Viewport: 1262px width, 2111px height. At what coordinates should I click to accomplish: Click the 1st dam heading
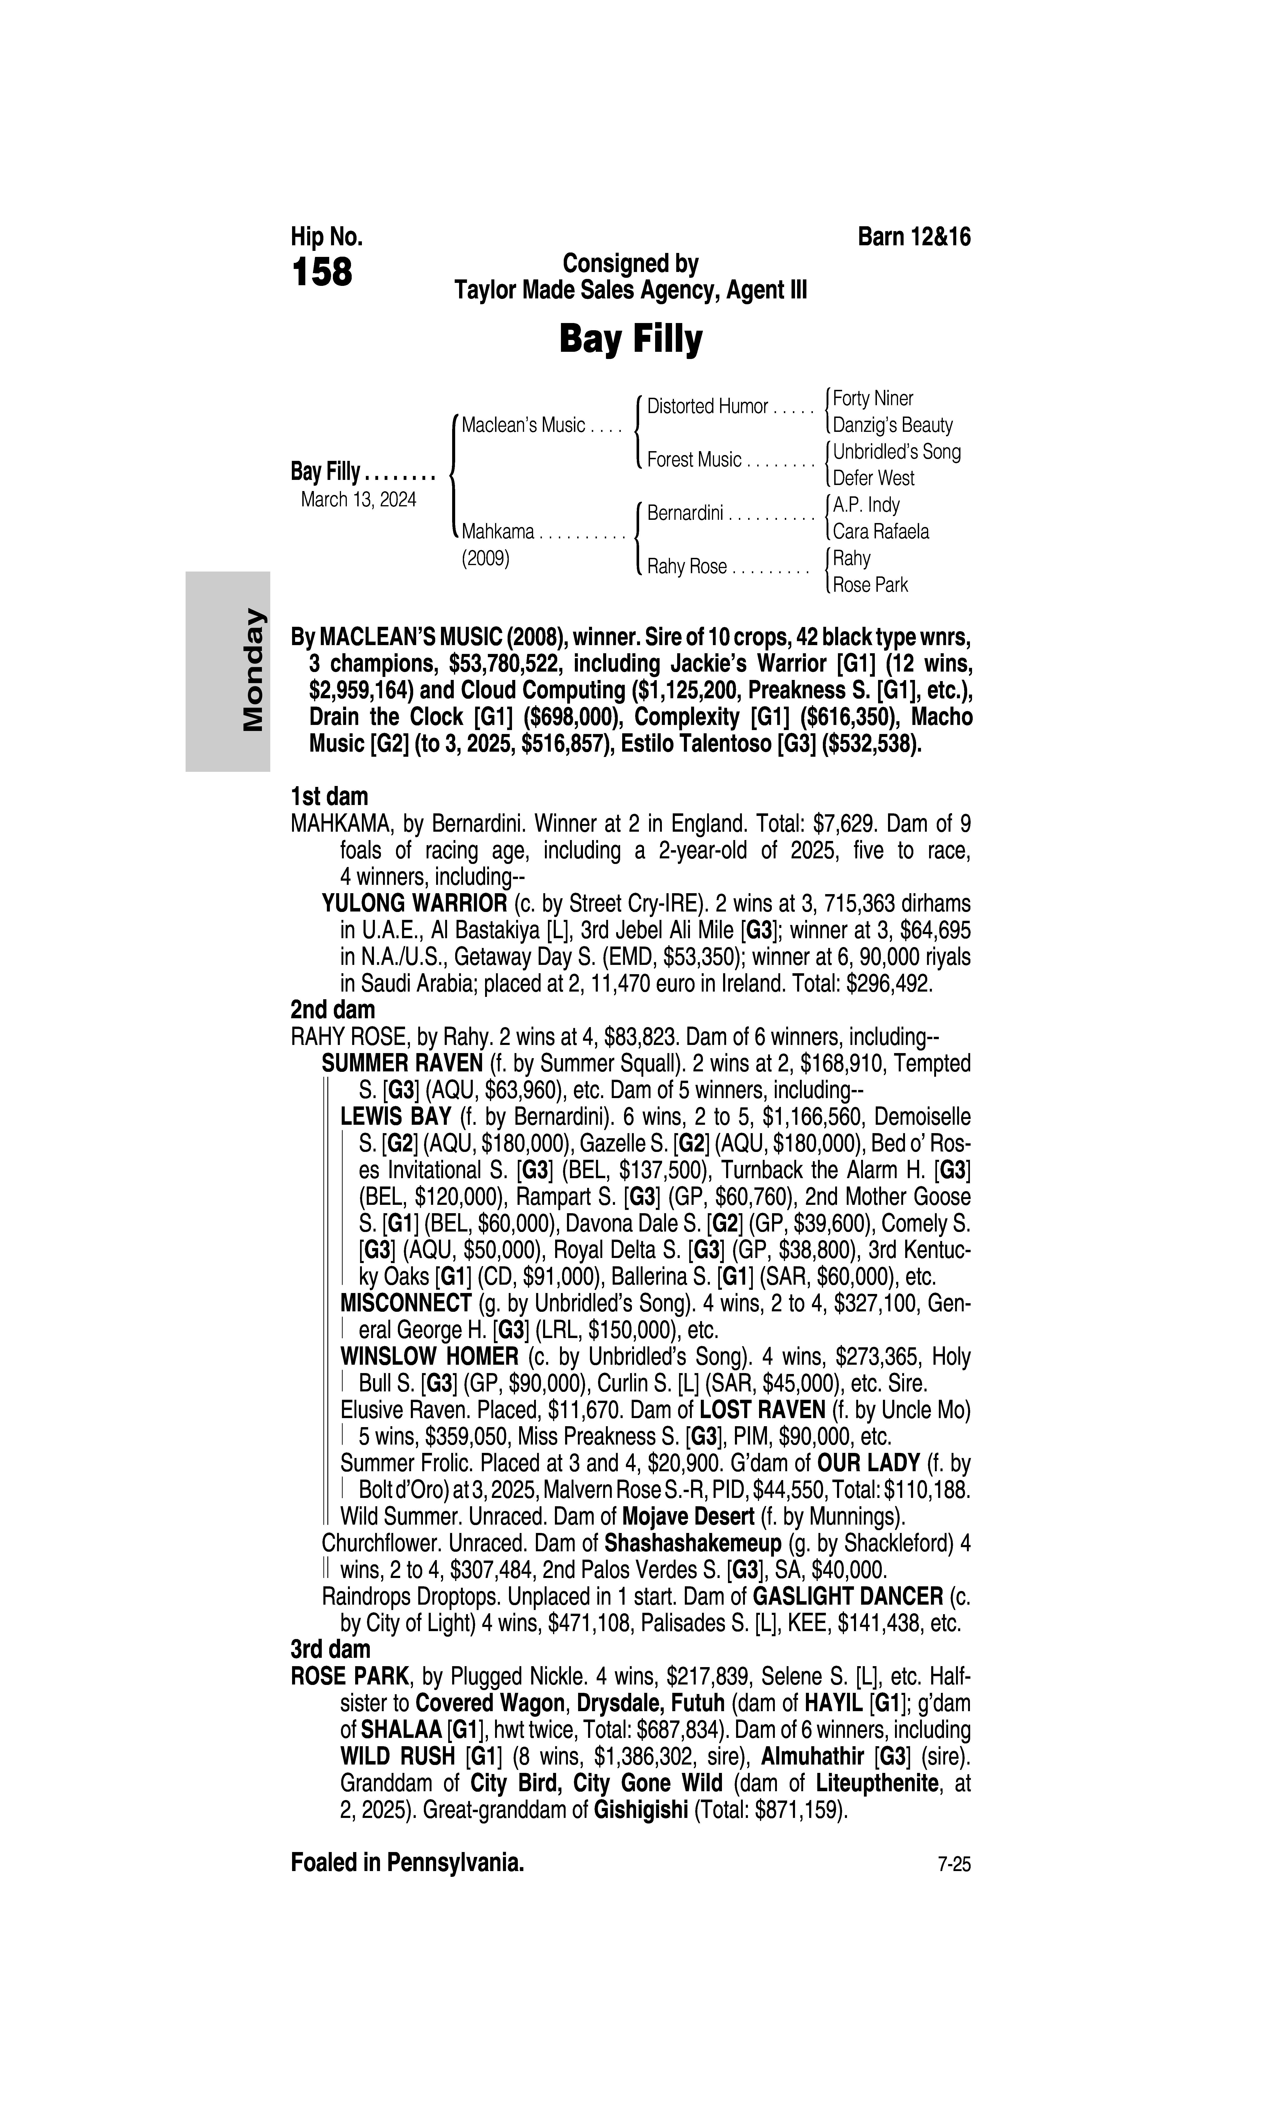pyautogui.click(x=329, y=797)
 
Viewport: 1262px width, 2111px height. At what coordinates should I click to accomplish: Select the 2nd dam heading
pyautogui.click(x=332, y=1010)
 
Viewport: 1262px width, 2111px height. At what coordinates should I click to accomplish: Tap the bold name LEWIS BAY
pyautogui.click(x=396, y=1117)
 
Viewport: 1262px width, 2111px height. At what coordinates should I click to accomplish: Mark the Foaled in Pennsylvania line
pyautogui.click(x=407, y=1863)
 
